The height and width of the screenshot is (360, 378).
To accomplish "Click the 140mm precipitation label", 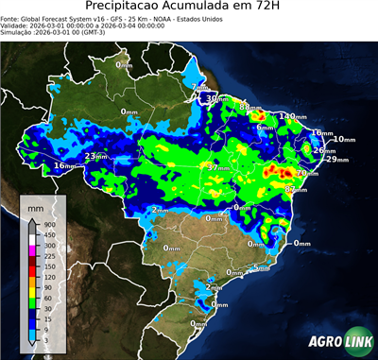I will [293, 116].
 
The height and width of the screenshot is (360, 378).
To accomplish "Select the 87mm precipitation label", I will [295, 190].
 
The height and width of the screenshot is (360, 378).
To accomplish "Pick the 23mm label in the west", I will [96, 156].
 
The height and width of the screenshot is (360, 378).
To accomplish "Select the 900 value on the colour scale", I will [47, 225].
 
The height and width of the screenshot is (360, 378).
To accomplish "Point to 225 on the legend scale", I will [47, 254].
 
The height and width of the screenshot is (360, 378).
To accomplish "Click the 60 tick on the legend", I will [47, 293].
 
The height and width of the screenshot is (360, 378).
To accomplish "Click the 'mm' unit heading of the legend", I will [37, 206].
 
